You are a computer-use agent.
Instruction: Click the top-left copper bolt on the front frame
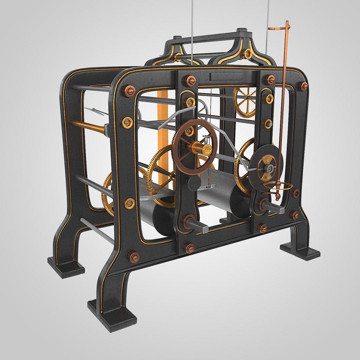click(130, 91)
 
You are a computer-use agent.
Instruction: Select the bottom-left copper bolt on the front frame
click(134, 256)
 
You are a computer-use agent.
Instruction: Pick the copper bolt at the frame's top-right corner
click(302, 86)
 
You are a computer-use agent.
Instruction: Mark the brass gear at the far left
click(107, 193)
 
